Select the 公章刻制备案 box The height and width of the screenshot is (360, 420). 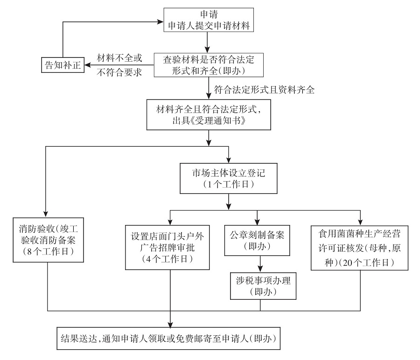(x=260, y=240)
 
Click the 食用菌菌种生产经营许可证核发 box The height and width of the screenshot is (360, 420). (x=360, y=247)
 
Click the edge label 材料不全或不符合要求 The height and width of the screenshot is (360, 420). (x=119, y=65)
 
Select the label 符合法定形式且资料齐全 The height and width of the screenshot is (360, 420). (x=264, y=89)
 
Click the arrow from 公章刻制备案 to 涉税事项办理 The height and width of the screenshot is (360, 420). (x=260, y=263)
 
